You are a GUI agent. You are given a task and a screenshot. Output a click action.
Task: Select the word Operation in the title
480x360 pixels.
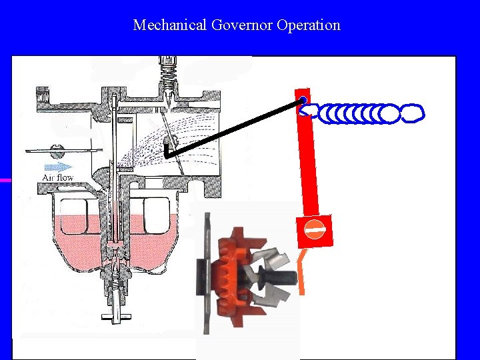pyautogui.click(x=309, y=25)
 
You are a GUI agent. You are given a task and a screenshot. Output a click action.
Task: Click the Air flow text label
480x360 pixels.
pyautogui.click(x=58, y=177)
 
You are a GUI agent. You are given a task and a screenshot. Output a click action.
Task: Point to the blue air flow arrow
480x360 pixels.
pyautogui.click(x=58, y=166)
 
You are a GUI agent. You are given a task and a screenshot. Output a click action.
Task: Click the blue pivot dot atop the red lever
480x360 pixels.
pyautogui.click(x=303, y=101)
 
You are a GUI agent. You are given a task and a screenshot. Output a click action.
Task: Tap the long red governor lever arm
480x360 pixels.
pyautogui.click(x=307, y=160)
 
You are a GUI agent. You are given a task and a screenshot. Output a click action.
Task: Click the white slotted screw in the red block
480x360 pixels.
pyautogui.click(x=315, y=231)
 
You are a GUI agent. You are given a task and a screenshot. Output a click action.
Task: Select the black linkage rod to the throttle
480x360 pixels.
pyautogui.click(x=233, y=127)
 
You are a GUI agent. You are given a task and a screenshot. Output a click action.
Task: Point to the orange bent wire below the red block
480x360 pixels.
pyautogui.click(x=301, y=271)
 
